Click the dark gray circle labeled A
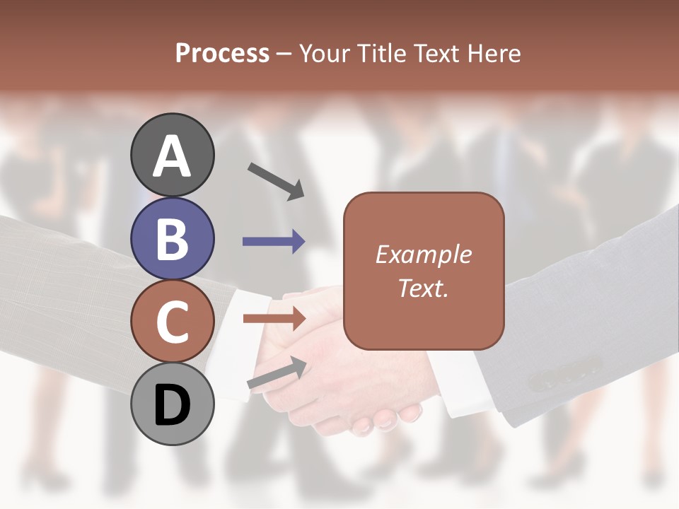(x=173, y=155)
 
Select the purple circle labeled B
(x=173, y=238)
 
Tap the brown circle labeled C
(x=173, y=322)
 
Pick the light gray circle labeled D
(x=173, y=404)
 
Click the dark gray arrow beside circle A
(x=276, y=180)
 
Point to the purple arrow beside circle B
(x=274, y=242)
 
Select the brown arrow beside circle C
(x=274, y=319)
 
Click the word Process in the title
(x=222, y=53)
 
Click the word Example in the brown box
(x=423, y=255)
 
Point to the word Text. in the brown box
(x=423, y=288)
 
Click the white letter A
(x=173, y=156)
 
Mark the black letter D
(x=173, y=405)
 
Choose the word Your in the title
(x=326, y=53)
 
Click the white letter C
(x=173, y=322)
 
